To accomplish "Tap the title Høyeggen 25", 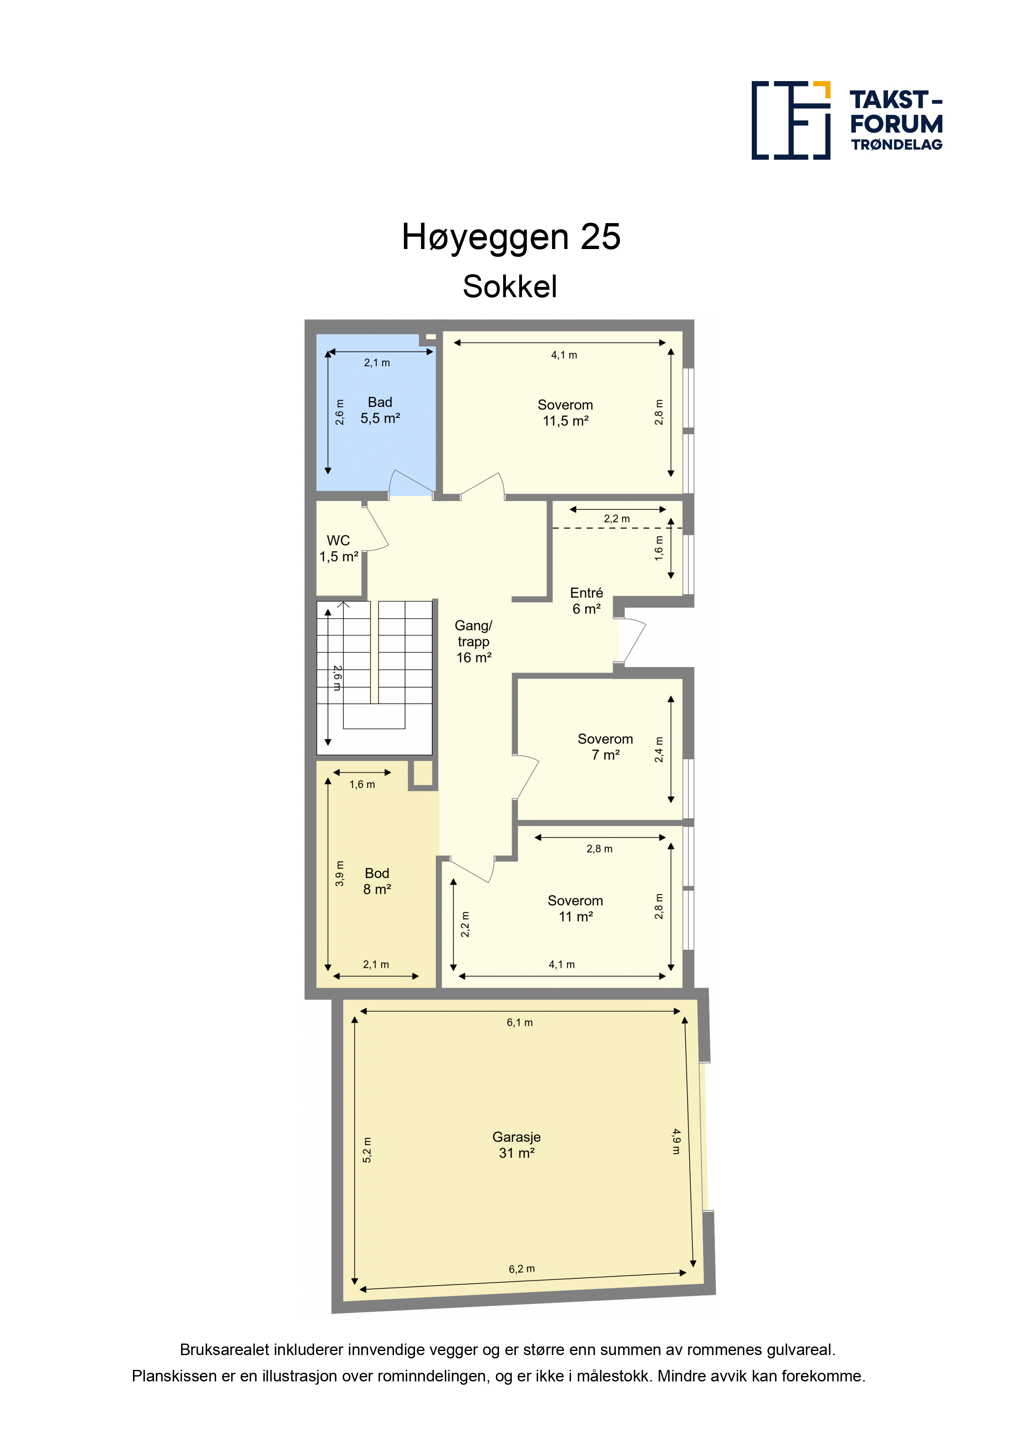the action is (511, 237).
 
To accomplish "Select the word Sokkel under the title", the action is (510, 287).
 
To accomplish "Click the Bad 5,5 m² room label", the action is (380, 410).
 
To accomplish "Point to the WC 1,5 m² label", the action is (338, 548).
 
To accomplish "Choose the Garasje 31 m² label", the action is (517, 1145).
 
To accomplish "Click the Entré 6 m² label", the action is (586, 601).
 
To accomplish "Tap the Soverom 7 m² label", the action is (605, 747).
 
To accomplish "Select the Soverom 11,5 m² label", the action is (565, 412).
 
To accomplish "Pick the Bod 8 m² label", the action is (377, 881).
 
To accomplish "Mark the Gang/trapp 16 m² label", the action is (474, 641).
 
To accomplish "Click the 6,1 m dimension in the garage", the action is (520, 1022).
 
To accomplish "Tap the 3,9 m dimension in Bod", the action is (340, 873).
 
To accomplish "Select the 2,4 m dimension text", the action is (659, 749).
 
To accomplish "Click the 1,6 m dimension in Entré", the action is (659, 548).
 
